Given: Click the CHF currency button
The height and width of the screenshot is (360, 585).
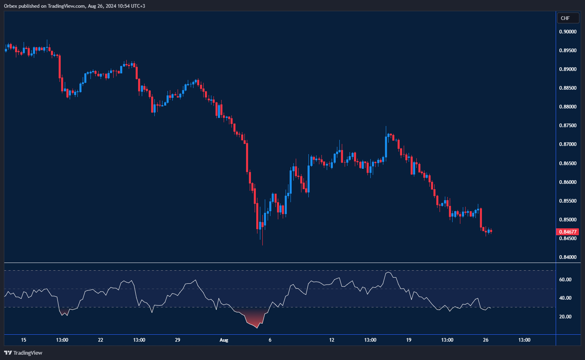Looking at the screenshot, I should coord(567,18).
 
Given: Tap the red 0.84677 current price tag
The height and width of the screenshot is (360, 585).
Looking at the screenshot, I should coord(567,232).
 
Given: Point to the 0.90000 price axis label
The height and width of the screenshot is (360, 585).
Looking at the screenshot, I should coord(567,32).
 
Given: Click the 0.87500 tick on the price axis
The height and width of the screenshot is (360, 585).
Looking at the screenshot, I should coord(567,126).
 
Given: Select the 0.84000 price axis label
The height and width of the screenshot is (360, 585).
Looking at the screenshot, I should coord(567,257).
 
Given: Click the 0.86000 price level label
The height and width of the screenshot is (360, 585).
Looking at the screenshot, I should coord(567,182).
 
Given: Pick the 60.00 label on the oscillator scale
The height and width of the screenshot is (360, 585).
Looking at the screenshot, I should coord(565,280).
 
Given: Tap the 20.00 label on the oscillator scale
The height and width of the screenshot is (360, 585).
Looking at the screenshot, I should coord(565,317).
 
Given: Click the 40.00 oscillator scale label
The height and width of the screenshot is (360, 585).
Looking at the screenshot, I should coord(565,298).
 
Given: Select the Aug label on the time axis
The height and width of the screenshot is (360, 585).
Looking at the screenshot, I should coord(224,340).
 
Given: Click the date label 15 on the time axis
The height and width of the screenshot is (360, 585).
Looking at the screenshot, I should coord(24,340).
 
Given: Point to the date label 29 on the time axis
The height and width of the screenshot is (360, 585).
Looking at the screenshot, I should coord(178,340).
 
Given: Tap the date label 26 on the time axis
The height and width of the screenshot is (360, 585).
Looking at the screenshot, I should coord(486,340).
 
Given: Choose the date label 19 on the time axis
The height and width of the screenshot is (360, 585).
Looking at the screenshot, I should coord(409,340).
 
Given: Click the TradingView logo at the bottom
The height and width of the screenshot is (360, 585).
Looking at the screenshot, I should coord(23,353).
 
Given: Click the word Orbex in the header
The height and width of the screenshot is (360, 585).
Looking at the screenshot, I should coord(11,6).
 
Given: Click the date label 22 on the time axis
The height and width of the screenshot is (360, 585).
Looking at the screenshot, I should coord(101,340).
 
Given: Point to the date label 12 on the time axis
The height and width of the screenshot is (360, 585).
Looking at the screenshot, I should coord(332,340).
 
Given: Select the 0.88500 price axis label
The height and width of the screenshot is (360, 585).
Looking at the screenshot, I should coord(567,88).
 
